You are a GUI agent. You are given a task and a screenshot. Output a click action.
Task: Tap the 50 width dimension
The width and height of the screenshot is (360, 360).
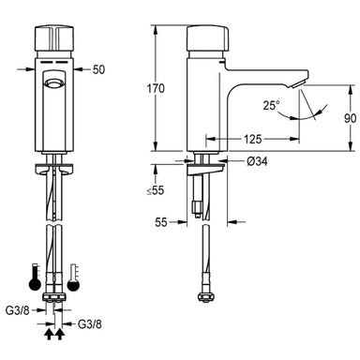click(99, 69)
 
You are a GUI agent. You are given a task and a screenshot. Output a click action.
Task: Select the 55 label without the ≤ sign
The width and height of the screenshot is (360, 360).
click(163, 224)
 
